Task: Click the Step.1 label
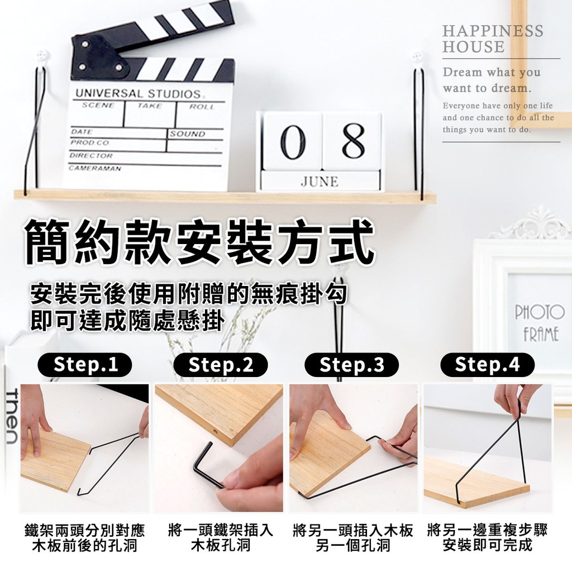coord(85,364)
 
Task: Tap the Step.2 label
coord(220,364)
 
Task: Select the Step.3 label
coord(352,364)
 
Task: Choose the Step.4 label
coord(487,364)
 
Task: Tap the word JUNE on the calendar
coord(320,182)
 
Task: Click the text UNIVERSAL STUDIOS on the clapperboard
coord(138,94)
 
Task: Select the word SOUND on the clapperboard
coord(187,134)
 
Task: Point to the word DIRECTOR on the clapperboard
coord(91,155)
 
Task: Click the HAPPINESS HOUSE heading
coord(493,39)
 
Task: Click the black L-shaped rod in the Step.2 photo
coord(207,464)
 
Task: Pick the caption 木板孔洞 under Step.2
coord(220,546)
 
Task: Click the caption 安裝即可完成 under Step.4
coord(487,546)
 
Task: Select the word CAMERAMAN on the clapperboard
coord(95,168)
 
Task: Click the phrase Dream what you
coord(492,73)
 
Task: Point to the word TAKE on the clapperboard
coord(150,106)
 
